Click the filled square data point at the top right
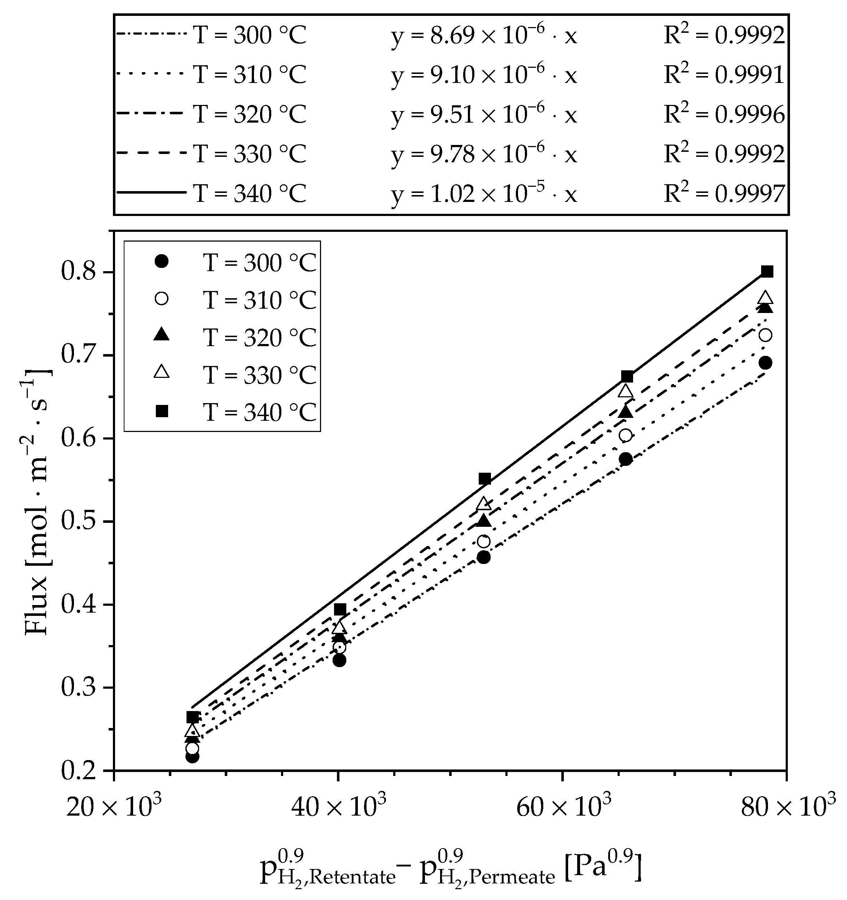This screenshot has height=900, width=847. coord(767,272)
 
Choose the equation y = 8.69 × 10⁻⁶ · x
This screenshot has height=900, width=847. coord(484,36)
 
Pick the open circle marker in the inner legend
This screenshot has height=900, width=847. coord(162,299)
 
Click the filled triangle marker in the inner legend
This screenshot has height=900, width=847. coord(162,335)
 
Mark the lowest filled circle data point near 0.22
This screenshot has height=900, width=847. coord(192,756)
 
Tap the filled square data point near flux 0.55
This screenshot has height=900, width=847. coord(485,478)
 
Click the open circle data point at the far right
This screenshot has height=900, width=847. coord(765,335)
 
